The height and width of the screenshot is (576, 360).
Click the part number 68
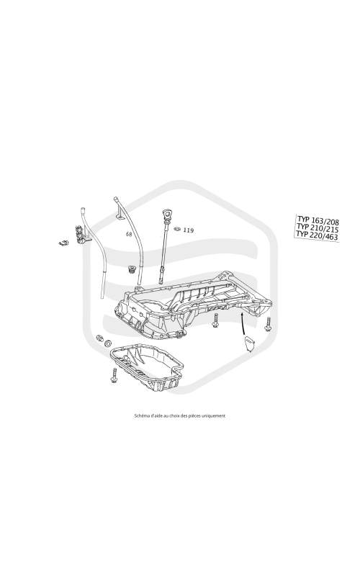click(129, 234)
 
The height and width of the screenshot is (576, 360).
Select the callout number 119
click(189, 230)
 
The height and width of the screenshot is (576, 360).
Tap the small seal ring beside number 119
click(176, 230)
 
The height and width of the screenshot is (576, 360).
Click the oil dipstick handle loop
click(168, 214)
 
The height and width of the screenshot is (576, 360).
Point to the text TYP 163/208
click(318, 220)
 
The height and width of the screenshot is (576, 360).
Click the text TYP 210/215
click(318, 228)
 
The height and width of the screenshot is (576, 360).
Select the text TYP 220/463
click(317, 235)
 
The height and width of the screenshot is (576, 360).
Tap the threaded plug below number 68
click(131, 270)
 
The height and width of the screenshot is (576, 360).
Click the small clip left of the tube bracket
click(63, 243)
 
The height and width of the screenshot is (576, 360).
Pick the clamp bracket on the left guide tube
click(82, 235)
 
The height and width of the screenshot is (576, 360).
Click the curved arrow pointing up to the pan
click(243, 324)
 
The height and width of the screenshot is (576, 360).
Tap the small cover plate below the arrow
click(249, 344)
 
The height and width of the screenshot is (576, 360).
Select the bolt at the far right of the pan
click(268, 323)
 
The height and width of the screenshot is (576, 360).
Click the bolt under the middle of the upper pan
click(215, 321)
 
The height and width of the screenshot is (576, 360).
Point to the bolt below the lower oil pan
click(114, 375)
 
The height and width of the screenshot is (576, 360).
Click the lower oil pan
click(148, 367)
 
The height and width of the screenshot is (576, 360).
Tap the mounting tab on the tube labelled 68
click(120, 214)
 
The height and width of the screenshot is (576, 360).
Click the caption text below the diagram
click(180, 416)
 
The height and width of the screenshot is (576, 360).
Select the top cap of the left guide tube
click(83, 210)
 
